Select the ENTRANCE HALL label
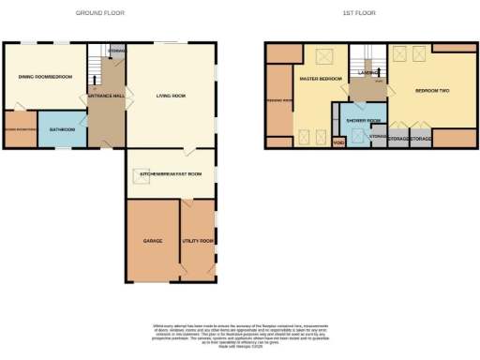coord(106,96)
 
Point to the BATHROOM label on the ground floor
coord(62,128)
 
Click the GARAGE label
coord(153,241)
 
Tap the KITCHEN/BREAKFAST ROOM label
coord(171,174)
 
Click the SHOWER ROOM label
coord(362,120)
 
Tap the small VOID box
coord(338,142)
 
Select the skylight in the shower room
coord(356,136)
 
